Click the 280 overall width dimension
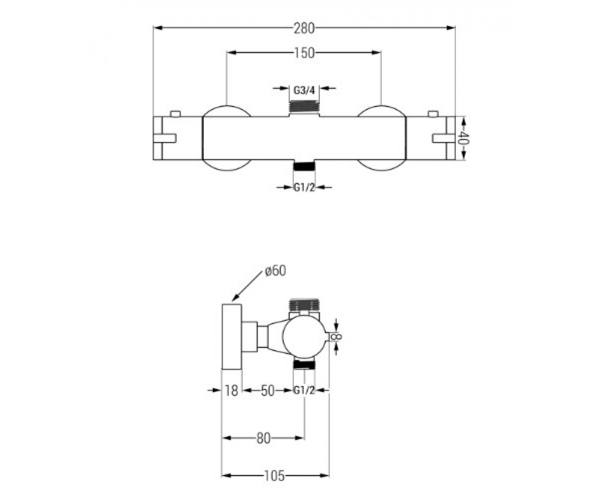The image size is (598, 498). pyautogui.click(x=304, y=28)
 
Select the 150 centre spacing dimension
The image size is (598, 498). pyautogui.click(x=304, y=53)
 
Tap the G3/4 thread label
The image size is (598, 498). pyautogui.click(x=304, y=91)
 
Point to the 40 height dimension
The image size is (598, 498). pyautogui.click(x=461, y=138)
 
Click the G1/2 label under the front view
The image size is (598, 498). pyautogui.click(x=304, y=188)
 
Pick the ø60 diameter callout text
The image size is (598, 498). pyautogui.click(x=275, y=271)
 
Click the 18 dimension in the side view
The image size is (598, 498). pyautogui.click(x=231, y=390)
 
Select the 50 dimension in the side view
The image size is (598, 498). pyautogui.click(x=268, y=390)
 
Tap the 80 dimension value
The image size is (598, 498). pyautogui.click(x=264, y=438)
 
